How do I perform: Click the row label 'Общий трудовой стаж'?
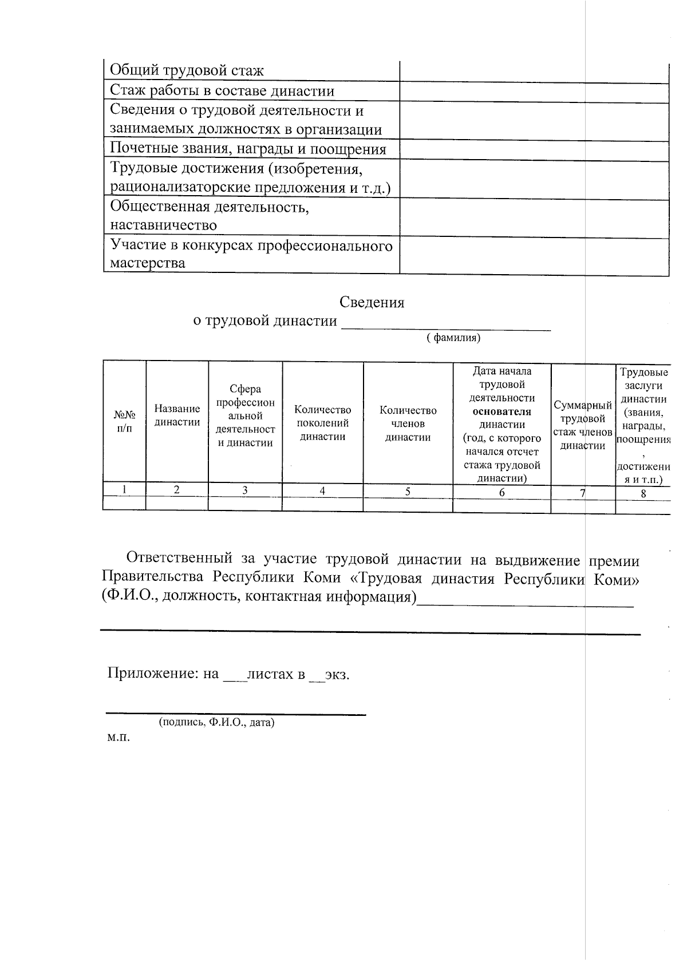click(187, 71)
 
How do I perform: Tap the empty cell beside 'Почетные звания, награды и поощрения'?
click(534, 151)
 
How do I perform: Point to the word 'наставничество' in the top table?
click(163, 225)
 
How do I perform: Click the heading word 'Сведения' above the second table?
click(372, 302)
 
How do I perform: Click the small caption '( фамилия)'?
click(453, 338)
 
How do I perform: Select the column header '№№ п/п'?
click(124, 421)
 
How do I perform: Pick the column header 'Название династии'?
click(177, 415)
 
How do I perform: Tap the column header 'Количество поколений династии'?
click(322, 423)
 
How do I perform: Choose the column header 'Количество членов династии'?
click(408, 424)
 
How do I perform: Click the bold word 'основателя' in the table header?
click(502, 411)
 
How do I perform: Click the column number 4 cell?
click(322, 490)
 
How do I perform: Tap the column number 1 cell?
click(124, 489)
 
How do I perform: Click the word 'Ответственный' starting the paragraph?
click(179, 558)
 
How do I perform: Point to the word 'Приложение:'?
click(153, 674)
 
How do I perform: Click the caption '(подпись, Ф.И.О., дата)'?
click(216, 722)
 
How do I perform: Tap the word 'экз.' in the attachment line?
click(337, 674)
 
